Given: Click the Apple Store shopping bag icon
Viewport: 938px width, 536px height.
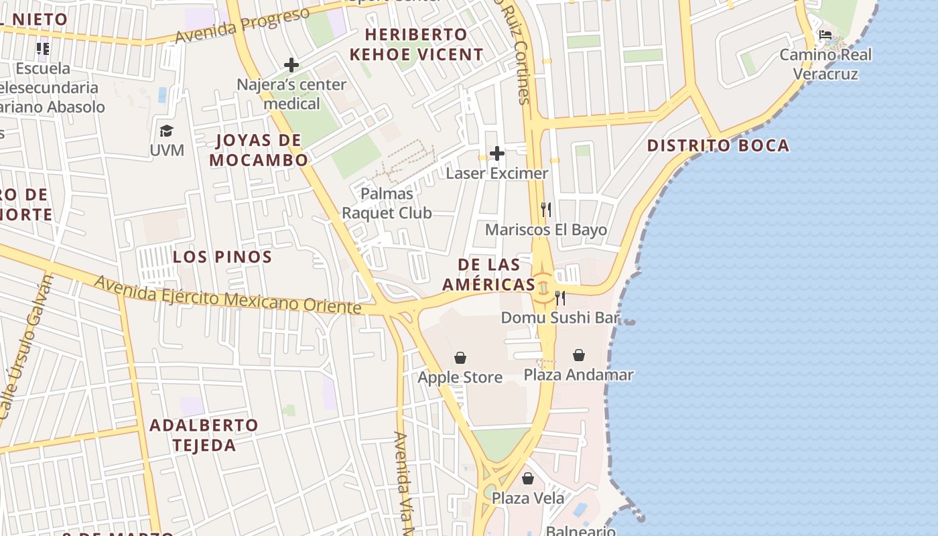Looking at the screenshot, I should pos(460,358).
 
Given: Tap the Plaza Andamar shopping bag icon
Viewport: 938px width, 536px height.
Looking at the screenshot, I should pos(579,355).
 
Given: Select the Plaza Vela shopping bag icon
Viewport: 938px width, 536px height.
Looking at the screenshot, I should pos(528,478).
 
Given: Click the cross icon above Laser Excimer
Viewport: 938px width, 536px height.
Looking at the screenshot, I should pos(497,153).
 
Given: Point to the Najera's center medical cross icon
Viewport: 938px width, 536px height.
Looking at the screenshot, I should pos(291,65).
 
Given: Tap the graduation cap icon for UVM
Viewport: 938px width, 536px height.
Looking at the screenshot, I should pos(166,131).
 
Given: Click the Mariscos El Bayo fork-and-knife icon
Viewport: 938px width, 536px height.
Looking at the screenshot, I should pos(546,210).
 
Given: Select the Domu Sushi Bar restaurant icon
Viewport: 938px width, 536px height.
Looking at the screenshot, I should pos(560,297).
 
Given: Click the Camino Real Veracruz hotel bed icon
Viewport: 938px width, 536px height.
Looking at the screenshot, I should pos(825,34).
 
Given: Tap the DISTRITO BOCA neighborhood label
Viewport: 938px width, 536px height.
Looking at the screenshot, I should pos(718,145).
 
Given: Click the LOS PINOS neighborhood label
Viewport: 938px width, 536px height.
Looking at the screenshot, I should pos(222,257).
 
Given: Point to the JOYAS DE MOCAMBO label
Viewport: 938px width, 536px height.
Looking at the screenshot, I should pos(259,150).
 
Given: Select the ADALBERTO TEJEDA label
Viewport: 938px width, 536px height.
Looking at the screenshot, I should pos(204,435).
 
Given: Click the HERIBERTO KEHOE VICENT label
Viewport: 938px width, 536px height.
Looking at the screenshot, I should pos(415,44).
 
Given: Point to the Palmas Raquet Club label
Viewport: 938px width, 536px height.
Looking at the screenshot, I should pos(387,203).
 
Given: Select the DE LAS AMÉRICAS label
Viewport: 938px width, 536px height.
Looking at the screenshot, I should pos(489,274).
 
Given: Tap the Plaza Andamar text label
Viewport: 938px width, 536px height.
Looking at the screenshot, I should pos(578,375).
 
